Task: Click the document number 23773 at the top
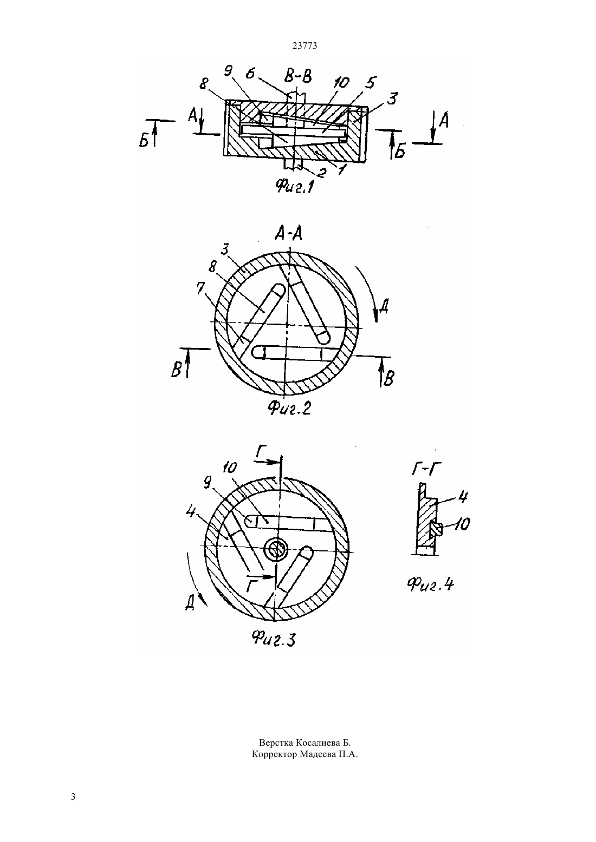tap(305, 46)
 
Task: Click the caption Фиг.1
tap(295, 185)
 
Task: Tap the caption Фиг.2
tap(289, 408)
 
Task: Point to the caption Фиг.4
tap(430, 584)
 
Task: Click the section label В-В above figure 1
tap(297, 77)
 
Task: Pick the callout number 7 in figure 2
tap(200, 288)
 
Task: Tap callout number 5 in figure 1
tap(370, 83)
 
